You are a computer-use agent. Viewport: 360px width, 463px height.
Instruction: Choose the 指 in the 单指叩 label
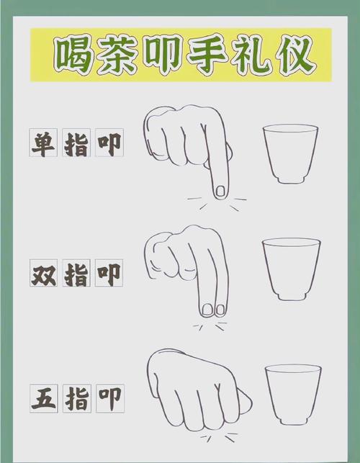pos(77,143)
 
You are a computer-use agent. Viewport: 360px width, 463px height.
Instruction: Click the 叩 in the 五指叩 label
pos(109,397)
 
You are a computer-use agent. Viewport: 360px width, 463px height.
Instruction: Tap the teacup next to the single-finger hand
pos(290,152)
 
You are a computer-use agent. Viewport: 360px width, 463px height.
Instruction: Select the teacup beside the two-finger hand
pos(290,269)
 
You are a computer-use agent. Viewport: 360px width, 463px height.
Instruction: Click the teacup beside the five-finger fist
pos(292,393)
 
